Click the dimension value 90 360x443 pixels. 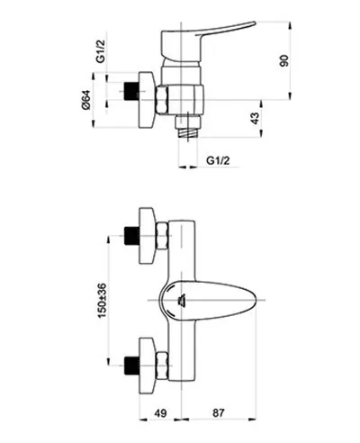pyautogui.click(x=284, y=60)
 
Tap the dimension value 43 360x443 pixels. pyautogui.click(x=255, y=118)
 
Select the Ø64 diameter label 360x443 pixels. pyautogui.click(x=85, y=100)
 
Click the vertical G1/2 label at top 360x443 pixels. pyautogui.click(x=101, y=52)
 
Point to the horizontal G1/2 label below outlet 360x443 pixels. pyautogui.click(x=218, y=160)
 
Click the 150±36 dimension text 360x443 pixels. pyautogui.click(x=102, y=300)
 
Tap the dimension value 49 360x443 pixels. pyautogui.click(x=160, y=412)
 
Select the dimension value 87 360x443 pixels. pyautogui.click(x=218, y=412)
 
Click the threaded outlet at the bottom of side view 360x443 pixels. pyautogui.click(x=188, y=133)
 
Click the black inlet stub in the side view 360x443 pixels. pyautogui.click(x=131, y=91)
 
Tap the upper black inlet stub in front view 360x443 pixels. pyautogui.click(x=131, y=236)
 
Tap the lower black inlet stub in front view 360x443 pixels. pyautogui.click(x=131, y=366)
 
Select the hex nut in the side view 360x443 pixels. pyautogui.click(x=162, y=100)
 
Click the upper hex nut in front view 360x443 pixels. pyautogui.click(x=162, y=236)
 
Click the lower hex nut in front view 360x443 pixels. pyautogui.click(x=162, y=366)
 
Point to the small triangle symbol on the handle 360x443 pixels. pyautogui.click(x=182, y=300)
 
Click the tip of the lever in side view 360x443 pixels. pyautogui.click(x=255, y=23)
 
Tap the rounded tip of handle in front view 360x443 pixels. pyautogui.click(x=256, y=300)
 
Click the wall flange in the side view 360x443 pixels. pyautogui.click(x=147, y=100)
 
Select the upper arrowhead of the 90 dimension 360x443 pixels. pyautogui.click(x=290, y=25)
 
